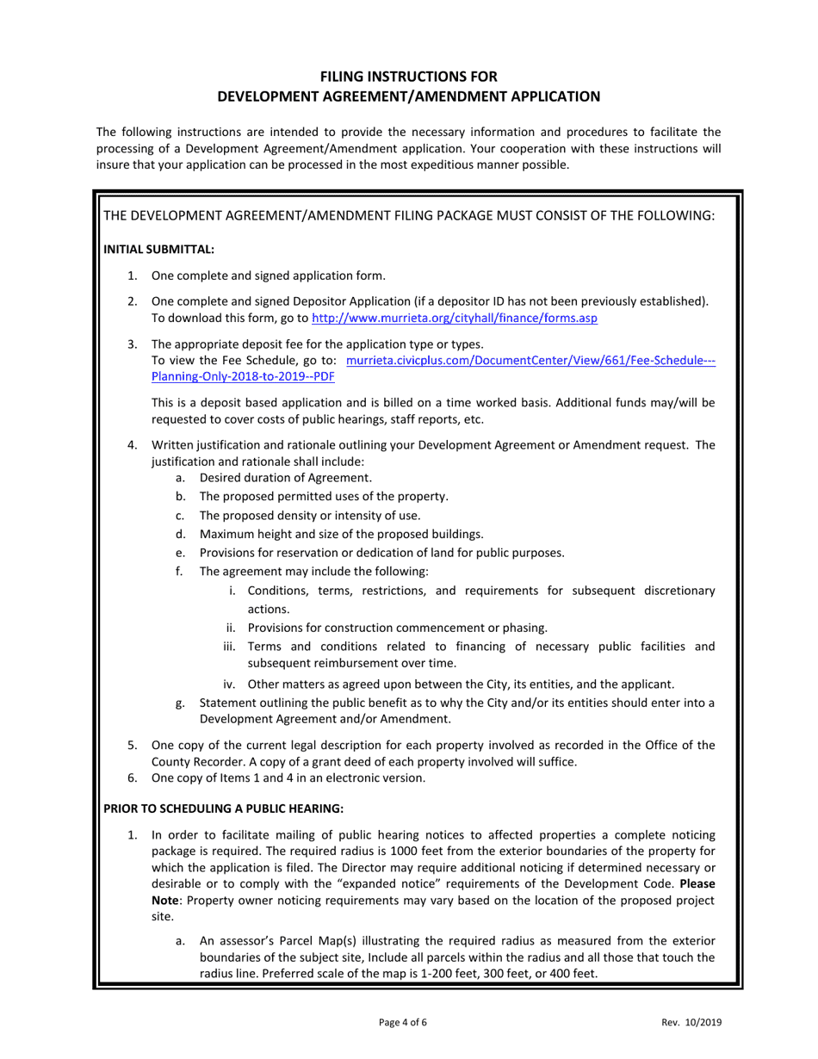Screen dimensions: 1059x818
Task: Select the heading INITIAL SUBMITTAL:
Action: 158,249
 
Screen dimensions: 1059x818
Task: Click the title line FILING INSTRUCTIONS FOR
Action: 408,76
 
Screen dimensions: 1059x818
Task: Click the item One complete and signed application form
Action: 268,276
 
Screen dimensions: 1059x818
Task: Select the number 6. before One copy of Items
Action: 133,778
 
